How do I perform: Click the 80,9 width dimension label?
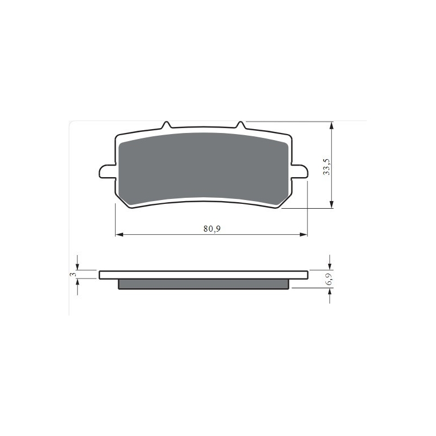point(212,229)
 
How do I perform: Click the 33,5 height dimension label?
point(326,167)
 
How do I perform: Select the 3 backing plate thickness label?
point(73,275)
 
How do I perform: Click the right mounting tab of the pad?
point(299,171)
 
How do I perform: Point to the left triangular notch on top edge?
point(166,125)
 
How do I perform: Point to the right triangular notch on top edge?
point(241,125)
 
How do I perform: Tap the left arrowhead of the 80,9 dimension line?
point(119,235)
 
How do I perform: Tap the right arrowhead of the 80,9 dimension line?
point(304,235)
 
